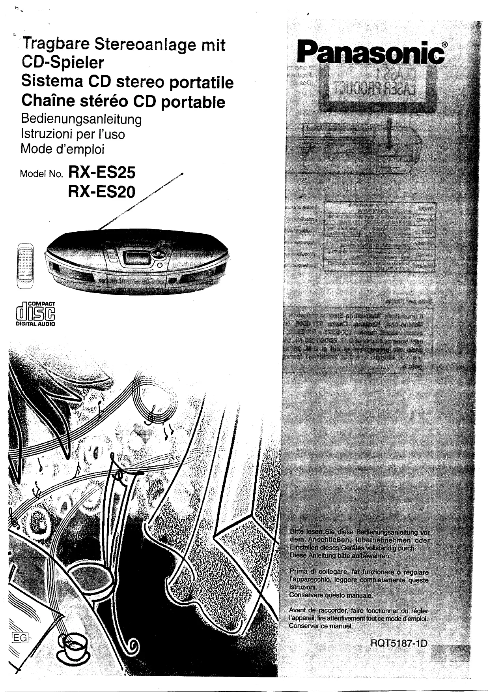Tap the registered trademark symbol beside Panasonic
444,45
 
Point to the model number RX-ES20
102,192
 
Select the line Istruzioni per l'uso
73,134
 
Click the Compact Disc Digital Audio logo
35,314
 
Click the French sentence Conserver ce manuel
320,626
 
